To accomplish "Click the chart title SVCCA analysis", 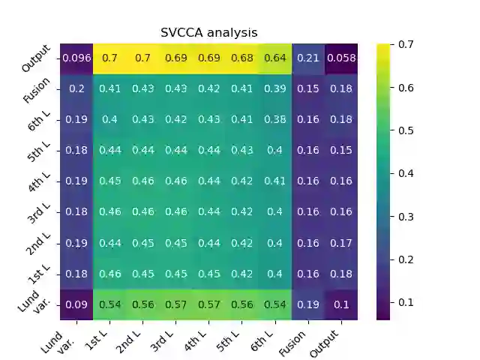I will point(209,33).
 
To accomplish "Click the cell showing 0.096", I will point(76,58).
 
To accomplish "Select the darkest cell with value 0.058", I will point(340,58).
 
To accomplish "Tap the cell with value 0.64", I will point(274,58).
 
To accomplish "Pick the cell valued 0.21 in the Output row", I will point(307,58).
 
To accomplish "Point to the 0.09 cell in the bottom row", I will point(76,304).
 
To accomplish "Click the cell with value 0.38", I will point(274,120).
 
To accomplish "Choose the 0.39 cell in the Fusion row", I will point(274,89).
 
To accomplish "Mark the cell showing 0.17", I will point(340,243).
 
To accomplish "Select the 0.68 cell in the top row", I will point(241,58).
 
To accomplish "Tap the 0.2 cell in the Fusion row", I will point(76,89).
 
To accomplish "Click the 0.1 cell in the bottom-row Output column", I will point(340,304).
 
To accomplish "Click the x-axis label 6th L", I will point(264,340).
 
